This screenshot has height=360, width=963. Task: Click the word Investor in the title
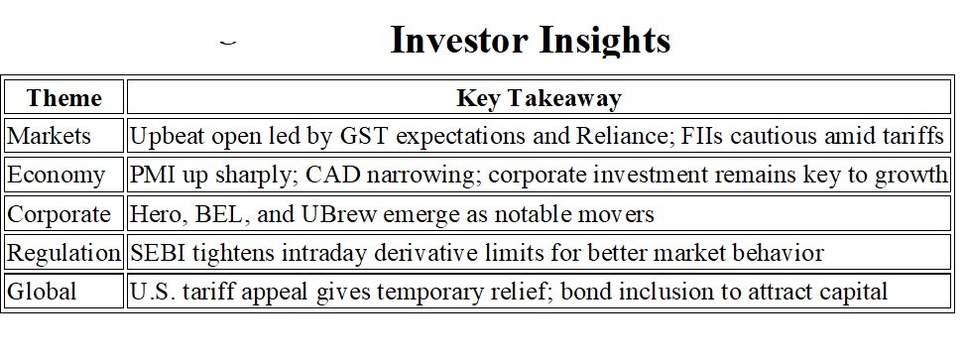coord(459,41)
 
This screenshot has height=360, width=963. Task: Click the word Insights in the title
coord(605,42)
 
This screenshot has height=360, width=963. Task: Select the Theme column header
coord(63,97)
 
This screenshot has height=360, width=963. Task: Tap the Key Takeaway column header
coord(539,98)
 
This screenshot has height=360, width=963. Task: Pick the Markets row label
coord(49,136)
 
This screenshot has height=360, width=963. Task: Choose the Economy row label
coord(56,176)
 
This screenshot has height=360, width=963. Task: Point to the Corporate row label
coord(59,214)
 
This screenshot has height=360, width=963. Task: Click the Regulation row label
coord(63,253)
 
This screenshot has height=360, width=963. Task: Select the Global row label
coord(42,292)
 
